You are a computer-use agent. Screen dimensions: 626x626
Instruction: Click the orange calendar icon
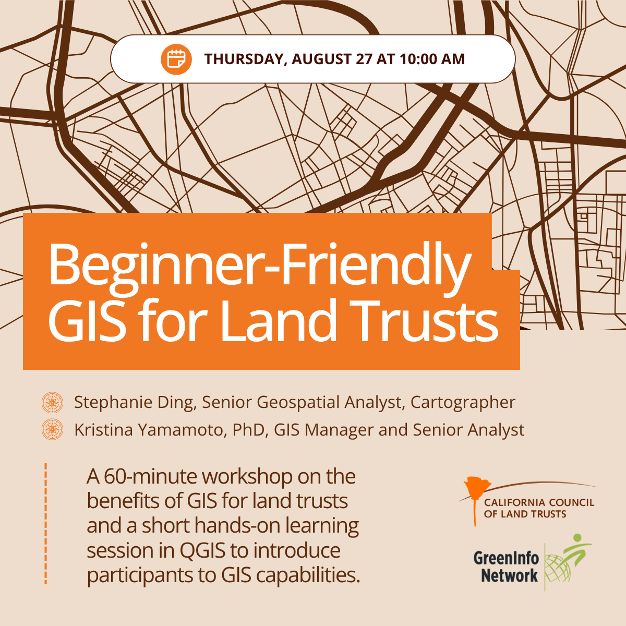coord(176,59)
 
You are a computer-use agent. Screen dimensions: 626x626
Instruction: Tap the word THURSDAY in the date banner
coord(246,59)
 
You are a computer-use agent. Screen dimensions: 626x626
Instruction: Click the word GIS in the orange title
coord(87,320)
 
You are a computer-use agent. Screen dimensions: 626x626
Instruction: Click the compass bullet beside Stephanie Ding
coord(52,403)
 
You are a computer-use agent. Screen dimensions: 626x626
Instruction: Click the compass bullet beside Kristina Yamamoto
coord(52,429)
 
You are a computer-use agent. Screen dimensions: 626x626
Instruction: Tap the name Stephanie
coord(113,403)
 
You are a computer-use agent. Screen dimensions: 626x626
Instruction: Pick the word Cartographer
coord(463,403)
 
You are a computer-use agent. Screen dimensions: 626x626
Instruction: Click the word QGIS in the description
coord(202,550)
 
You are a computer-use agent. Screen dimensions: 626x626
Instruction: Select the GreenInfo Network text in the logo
coord(506,567)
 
